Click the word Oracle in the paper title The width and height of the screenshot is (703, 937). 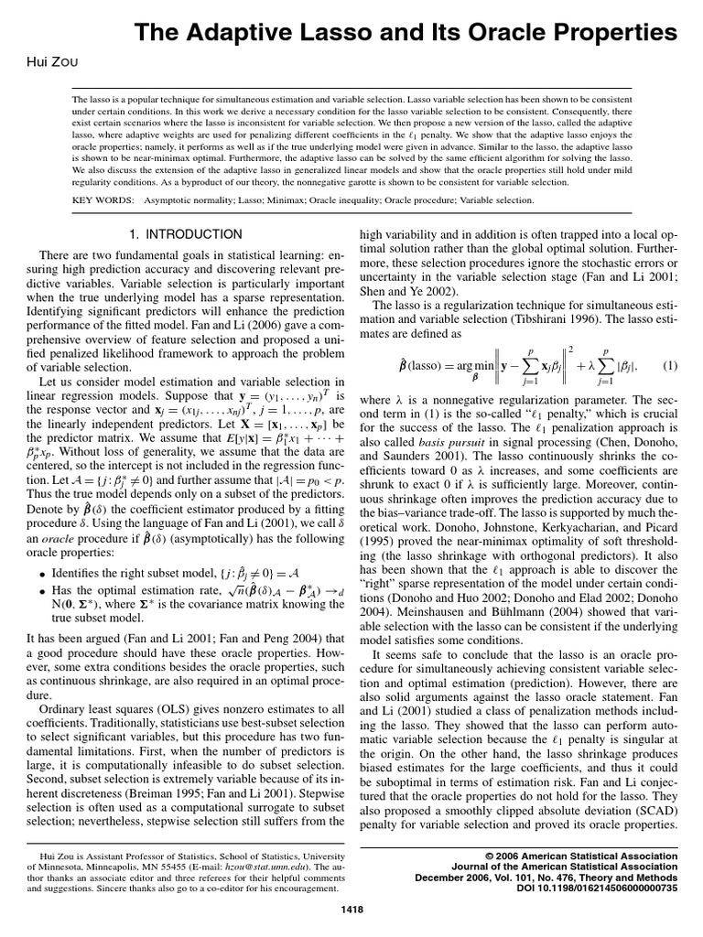click(x=490, y=34)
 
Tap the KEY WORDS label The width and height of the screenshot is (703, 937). click(x=100, y=199)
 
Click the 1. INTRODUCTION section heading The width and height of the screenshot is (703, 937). click(x=187, y=234)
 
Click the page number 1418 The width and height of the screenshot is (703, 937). click(x=351, y=908)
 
